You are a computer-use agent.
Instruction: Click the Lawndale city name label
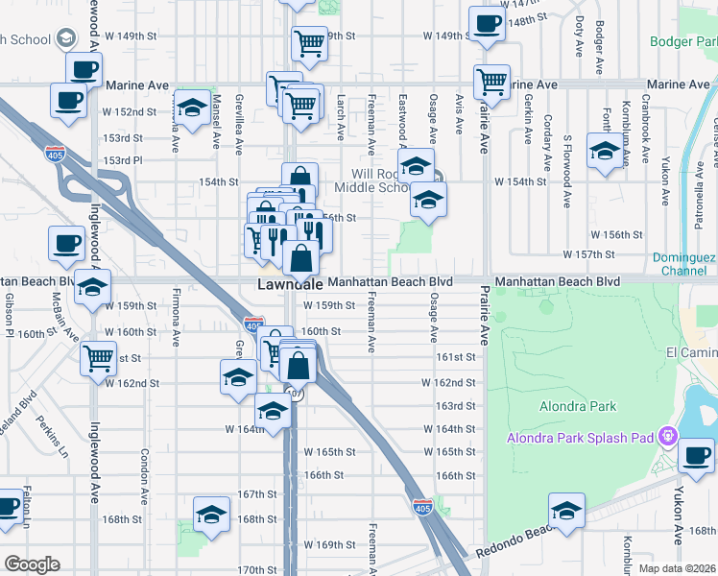pos(288,286)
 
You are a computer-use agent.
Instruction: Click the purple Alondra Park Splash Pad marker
pos(669,439)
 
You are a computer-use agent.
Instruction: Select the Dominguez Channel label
pos(684,264)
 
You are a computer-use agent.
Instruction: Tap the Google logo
pos(32,564)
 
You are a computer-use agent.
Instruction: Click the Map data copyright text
pos(678,568)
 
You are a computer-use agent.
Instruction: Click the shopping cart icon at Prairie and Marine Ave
pos(492,82)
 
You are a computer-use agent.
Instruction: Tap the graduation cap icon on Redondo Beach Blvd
pos(567,510)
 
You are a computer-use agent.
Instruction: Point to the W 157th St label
pos(614,254)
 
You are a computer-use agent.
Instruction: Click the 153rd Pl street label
pos(123,160)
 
